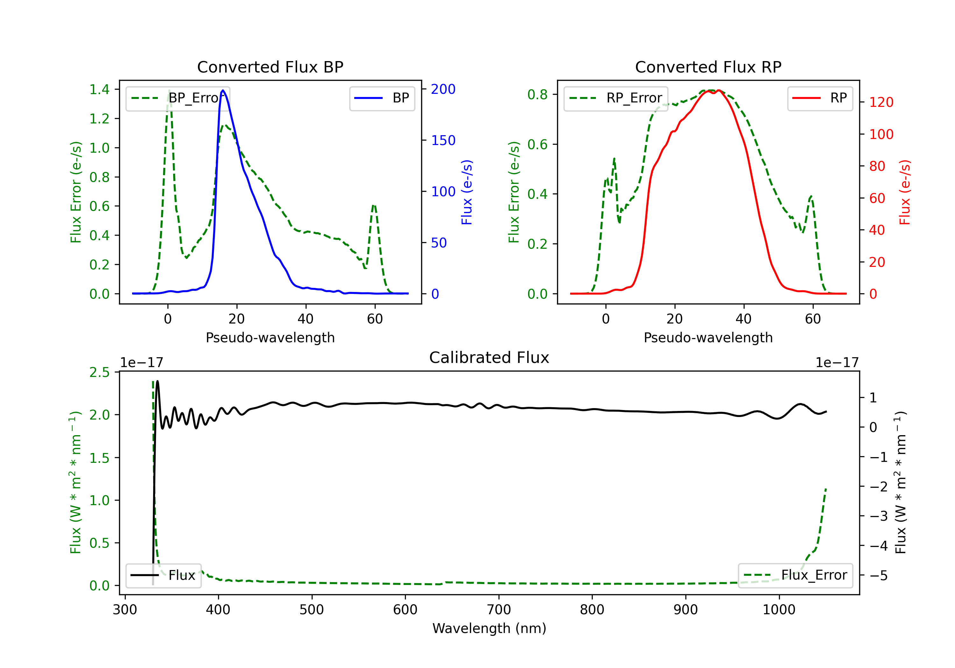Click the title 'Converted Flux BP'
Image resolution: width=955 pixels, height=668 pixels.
click(x=270, y=67)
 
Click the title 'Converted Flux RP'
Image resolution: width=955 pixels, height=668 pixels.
click(x=708, y=67)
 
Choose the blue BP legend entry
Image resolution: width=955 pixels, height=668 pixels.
click(x=382, y=98)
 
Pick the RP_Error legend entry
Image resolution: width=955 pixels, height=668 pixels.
click(x=616, y=98)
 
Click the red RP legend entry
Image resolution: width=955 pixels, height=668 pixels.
click(x=820, y=98)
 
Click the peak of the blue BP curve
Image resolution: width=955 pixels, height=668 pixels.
click(x=223, y=90)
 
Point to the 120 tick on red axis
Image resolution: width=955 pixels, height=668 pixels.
click(x=881, y=102)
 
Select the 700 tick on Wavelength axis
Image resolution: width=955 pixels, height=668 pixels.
click(x=499, y=610)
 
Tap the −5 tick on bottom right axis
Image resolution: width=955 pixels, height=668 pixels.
click(x=878, y=575)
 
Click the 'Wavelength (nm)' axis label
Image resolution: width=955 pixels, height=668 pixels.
click(x=489, y=628)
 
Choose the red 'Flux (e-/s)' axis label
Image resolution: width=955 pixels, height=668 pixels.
click(x=905, y=192)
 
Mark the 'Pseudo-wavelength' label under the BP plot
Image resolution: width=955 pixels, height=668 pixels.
click(x=270, y=337)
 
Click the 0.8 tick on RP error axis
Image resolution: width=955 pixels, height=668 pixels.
click(x=537, y=95)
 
